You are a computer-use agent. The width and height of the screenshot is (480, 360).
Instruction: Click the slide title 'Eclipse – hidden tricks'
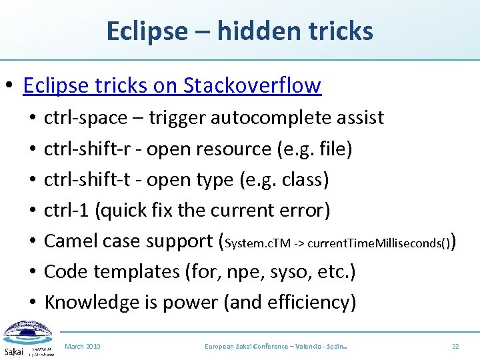[x=239, y=31]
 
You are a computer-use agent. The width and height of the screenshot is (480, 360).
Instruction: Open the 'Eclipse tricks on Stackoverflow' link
[x=172, y=85]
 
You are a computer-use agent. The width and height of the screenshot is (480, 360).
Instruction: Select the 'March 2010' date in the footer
[x=83, y=347]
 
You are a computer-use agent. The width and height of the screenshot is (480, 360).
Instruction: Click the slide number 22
[x=455, y=347]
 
